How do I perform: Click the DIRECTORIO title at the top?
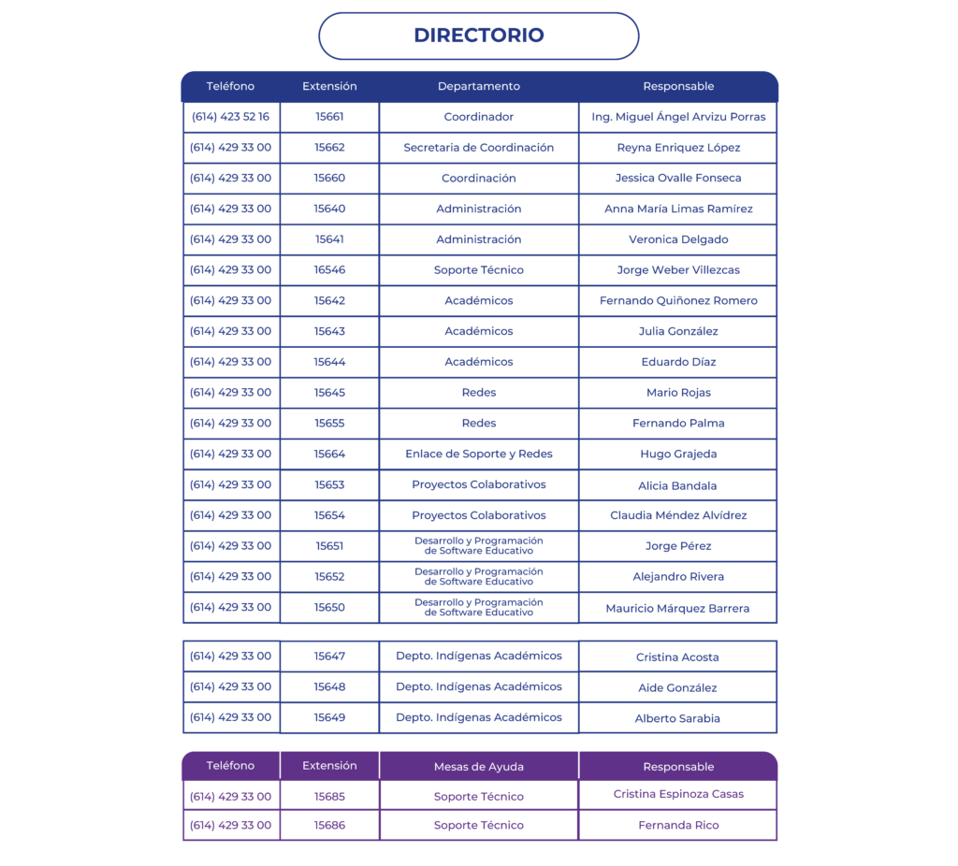[x=478, y=36]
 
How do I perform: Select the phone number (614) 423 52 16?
[x=230, y=117]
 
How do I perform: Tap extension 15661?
[x=329, y=117]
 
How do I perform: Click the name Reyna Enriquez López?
[x=678, y=148]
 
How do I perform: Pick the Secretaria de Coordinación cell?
[x=478, y=148]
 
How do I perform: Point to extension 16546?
[x=329, y=270]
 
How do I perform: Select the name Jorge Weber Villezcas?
[x=678, y=270]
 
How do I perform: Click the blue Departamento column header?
[x=478, y=86]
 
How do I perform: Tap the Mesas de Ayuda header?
[x=478, y=767]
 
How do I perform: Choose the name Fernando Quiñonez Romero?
[x=678, y=301]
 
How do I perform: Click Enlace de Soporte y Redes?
[x=478, y=454]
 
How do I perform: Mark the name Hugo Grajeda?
[x=678, y=455]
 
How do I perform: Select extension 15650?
[x=329, y=608]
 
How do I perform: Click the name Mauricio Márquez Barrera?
[x=677, y=609]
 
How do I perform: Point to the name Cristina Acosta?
[x=677, y=657]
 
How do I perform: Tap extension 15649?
[x=329, y=717]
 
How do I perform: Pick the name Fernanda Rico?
[x=678, y=826]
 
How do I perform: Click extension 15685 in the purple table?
[x=329, y=797]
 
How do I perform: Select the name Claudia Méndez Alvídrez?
[x=678, y=515]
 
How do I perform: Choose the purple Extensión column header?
[x=329, y=766]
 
